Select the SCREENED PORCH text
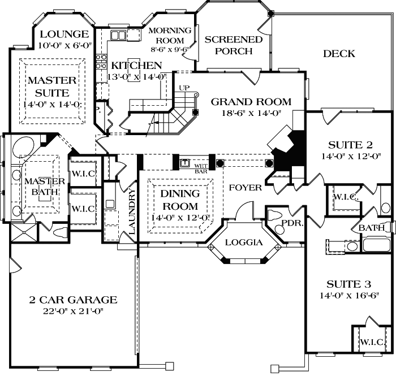(233, 45)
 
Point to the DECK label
(339, 54)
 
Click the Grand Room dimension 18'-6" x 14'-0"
(251, 113)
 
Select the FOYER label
(246, 187)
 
